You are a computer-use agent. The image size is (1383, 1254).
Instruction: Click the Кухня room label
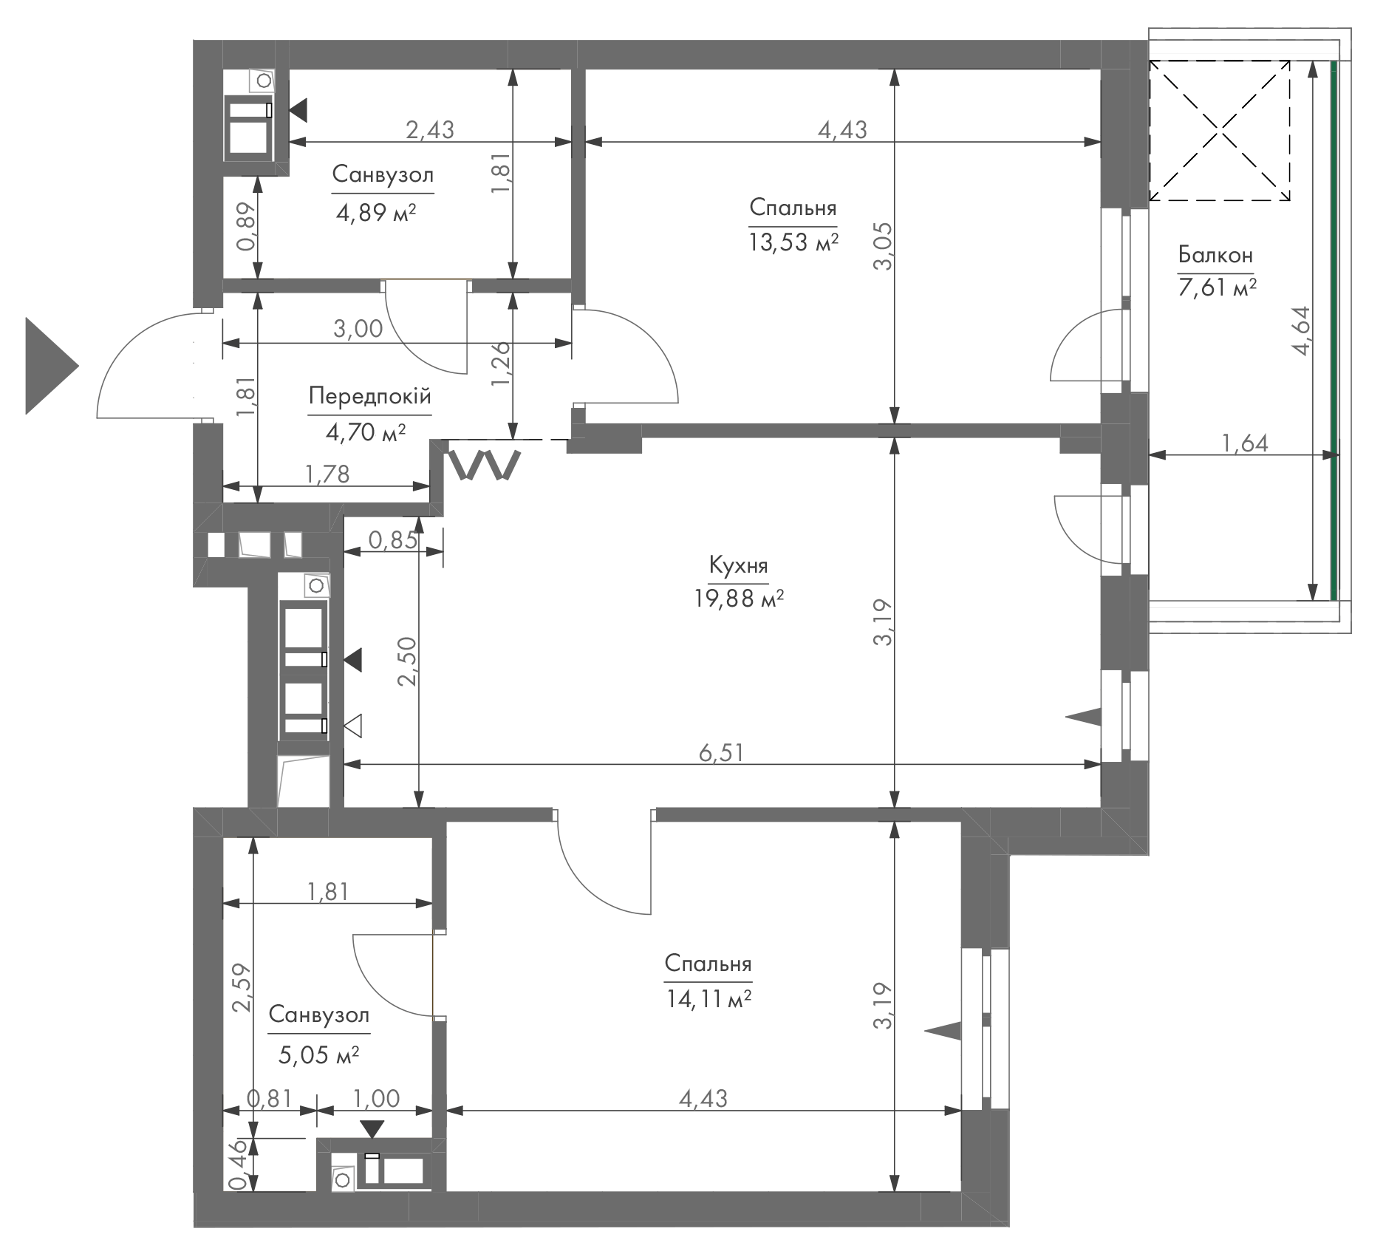tap(738, 566)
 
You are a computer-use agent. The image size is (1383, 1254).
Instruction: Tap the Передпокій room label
tap(369, 397)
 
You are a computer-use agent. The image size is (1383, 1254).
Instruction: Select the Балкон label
tap(1215, 256)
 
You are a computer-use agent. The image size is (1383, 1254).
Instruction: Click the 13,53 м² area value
tap(793, 242)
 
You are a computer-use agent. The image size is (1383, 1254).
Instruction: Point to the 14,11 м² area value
tap(708, 1000)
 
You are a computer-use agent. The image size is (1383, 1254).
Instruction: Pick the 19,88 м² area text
tap(739, 599)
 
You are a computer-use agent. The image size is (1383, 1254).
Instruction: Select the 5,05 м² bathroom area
tap(319, 1054)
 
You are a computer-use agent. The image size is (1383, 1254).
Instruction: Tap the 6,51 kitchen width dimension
tap(721, 752)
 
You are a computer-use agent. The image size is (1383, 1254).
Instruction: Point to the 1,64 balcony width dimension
tap(1245, 443)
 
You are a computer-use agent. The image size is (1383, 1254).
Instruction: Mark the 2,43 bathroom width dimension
tap(430, 129)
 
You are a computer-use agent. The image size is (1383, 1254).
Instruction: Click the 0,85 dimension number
tap(393, 540)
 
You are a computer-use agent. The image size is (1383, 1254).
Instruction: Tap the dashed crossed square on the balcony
tap(1220, 131)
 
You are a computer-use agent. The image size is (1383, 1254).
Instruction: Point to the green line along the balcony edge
tap(1334, 330)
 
